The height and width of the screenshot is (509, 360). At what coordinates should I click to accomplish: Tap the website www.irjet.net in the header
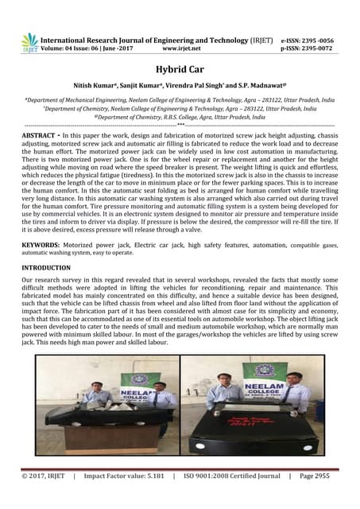point(185,49)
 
